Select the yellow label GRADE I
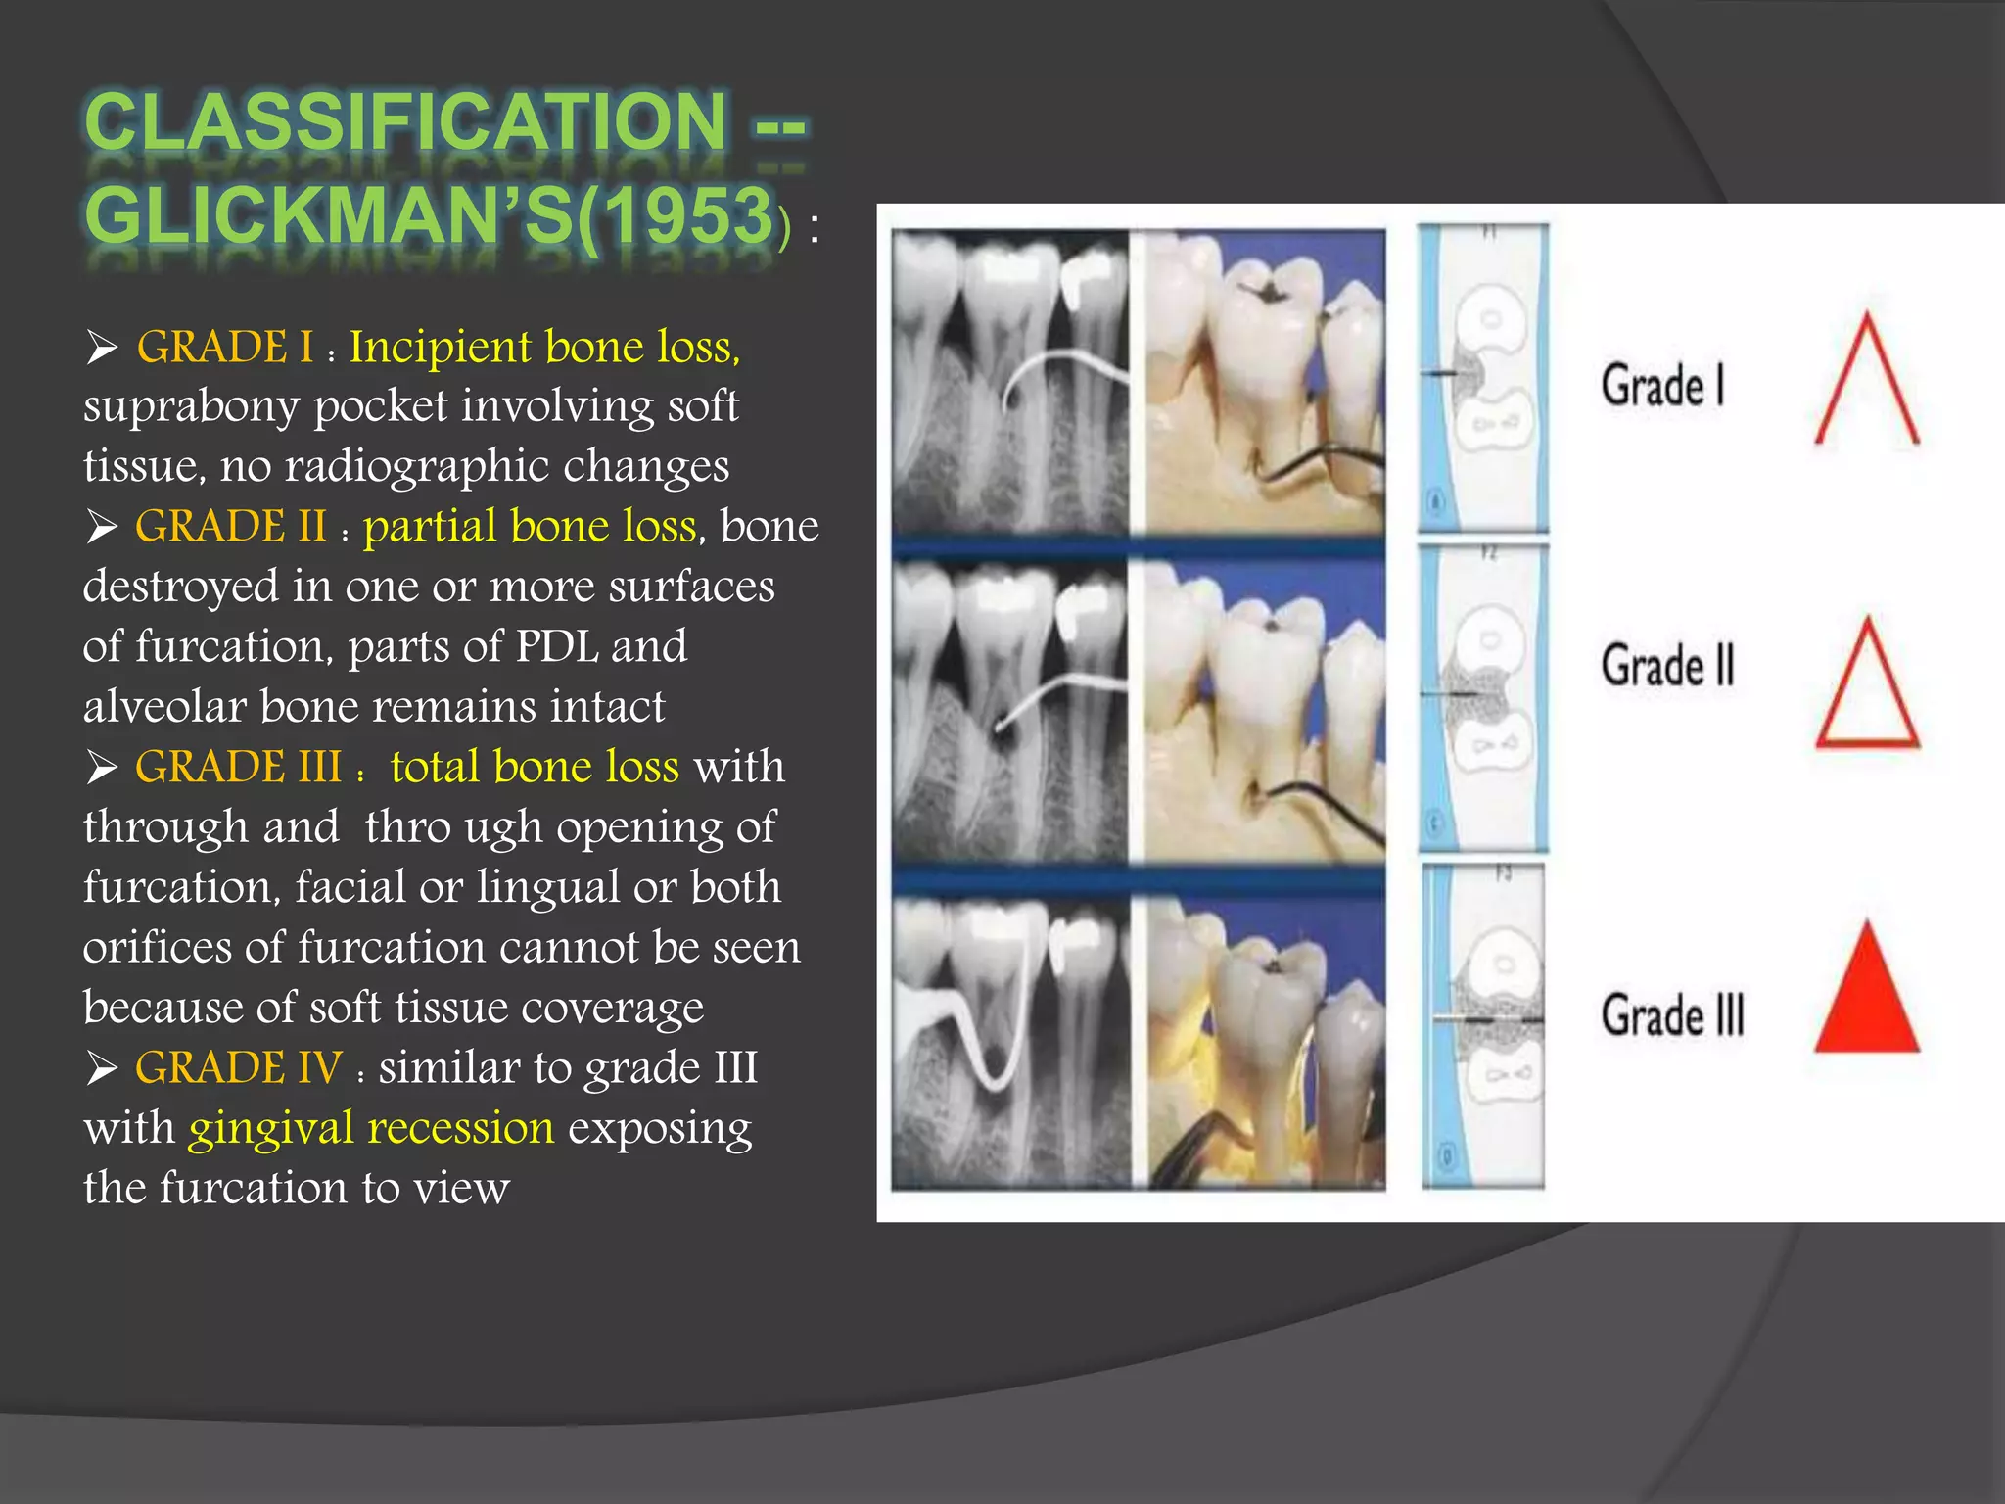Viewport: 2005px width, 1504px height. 225,348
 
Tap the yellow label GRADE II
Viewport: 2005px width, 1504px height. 230,527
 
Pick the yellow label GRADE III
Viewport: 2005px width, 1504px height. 238,767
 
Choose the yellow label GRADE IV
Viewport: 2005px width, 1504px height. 238,1067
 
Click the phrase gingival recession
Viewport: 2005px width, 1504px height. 371,1128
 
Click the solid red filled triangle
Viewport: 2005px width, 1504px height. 1867,999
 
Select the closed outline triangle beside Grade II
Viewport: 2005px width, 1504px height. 1867,690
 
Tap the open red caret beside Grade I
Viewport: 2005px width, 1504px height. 1867,382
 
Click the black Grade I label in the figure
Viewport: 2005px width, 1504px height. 1662,385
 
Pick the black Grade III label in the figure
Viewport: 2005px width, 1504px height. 1672,1014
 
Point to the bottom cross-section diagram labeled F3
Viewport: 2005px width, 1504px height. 1483,1026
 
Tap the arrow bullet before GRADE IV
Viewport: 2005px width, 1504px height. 102,1068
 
